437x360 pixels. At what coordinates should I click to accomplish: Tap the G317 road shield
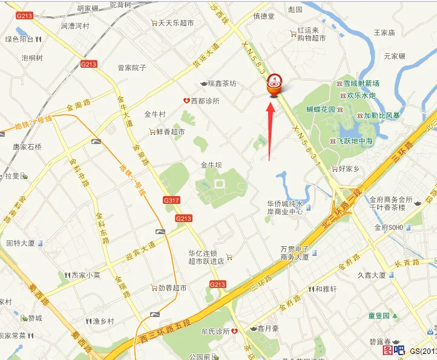171,200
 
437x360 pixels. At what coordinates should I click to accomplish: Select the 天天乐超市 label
176,23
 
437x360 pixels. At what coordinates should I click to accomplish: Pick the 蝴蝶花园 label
321,110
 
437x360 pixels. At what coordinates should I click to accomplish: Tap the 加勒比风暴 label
383,115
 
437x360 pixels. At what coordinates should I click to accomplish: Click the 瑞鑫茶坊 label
222,83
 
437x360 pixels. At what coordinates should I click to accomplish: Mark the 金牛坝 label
212,165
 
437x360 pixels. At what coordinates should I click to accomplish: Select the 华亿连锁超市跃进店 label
206,258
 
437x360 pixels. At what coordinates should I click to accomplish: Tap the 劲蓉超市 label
172,288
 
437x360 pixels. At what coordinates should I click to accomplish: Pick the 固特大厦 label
20,244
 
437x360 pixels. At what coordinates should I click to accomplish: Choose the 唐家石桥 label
27,146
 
